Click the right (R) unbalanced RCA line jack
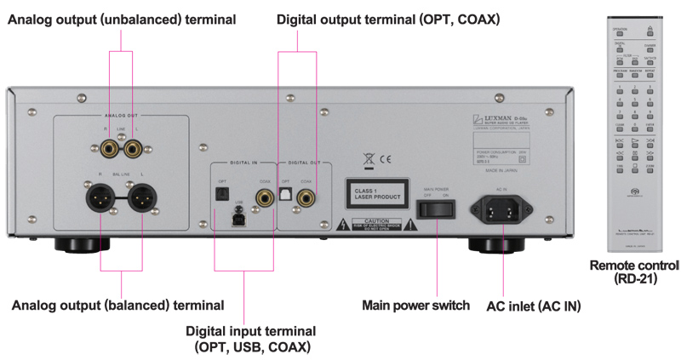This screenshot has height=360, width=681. pyautogui.click(x=110, y=151)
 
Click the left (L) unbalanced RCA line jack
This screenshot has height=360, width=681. pyautogui.click(x=132, y=151)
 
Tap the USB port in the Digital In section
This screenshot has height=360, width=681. pyautogui.click(x=240, y=219)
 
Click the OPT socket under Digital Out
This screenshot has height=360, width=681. pyautogui.click(x=287, y=197)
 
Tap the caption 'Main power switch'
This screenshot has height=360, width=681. pyautogui.click(x=415, y=305)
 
